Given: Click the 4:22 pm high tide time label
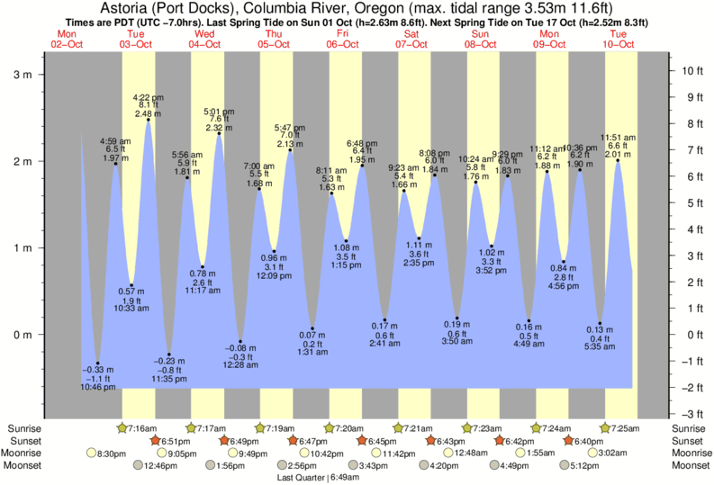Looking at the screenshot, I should (148, 96).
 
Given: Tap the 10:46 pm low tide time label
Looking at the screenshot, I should (98, 387).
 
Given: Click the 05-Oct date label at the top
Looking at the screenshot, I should (274, 44).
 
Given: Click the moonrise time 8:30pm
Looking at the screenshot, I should (110, 454).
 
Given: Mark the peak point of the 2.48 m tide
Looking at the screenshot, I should (148, 121).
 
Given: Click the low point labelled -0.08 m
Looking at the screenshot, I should (240, 342).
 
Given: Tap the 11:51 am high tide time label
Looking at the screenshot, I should (618, 136).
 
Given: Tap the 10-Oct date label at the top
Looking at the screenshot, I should (619, 44).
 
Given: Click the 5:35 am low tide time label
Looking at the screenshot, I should (599, 346).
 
